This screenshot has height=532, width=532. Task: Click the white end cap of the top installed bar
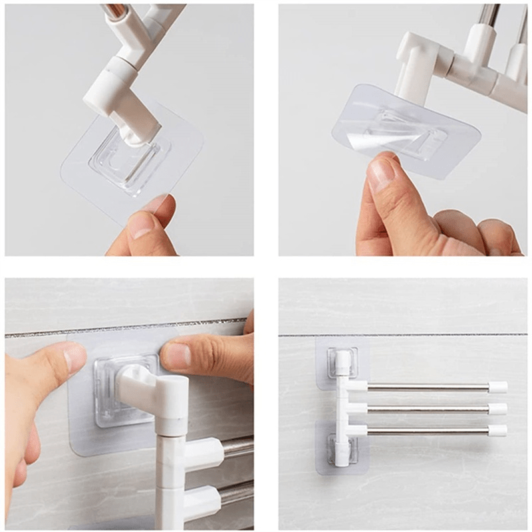point(497,387)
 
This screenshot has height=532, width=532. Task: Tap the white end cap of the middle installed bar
point(497,409)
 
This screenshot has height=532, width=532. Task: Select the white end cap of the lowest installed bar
point(497,430)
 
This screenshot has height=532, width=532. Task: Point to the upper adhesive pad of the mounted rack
point(342,362)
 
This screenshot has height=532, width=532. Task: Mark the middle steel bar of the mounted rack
point(426,409)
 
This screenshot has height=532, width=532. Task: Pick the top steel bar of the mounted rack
point(426,387)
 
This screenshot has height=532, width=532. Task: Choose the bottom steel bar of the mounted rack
point(426,430)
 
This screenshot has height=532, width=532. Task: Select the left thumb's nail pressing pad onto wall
point(74,357)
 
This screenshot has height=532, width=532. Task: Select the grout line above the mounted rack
point(412,334)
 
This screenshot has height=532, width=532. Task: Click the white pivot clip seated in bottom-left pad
point(143,385)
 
